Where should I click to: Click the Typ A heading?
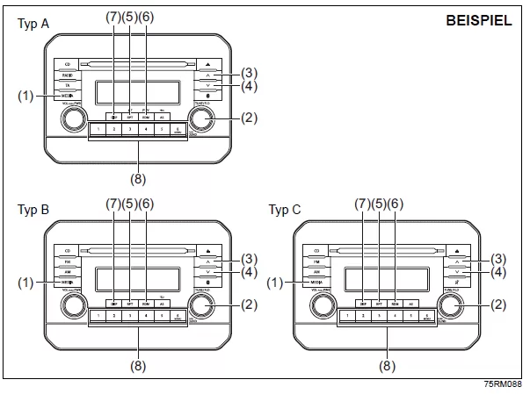33,24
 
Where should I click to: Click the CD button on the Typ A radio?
68,63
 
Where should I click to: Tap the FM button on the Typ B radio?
68,261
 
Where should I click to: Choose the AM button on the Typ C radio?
315,271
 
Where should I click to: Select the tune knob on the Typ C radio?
450,306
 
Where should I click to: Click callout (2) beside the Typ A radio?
250,118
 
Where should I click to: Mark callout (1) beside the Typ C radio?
278,283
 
